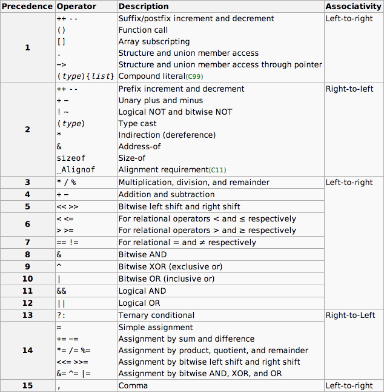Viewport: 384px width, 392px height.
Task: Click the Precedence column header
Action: pos(27,7)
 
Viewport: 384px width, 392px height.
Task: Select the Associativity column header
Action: pos(353,7)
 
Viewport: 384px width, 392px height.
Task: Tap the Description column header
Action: pos(144,7)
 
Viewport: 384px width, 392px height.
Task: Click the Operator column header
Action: pos(76,7)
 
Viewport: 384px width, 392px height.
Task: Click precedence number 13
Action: pos(27,316)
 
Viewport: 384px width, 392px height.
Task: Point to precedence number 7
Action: pos(27,243)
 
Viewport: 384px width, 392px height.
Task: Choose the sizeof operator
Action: pos(71,158)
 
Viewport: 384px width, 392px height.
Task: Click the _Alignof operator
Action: pos(75,170)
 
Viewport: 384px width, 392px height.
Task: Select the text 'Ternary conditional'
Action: pos(156,316)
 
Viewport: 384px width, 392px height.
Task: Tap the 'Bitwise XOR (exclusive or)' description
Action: pos(170,267)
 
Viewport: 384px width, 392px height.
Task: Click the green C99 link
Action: pos(194,76)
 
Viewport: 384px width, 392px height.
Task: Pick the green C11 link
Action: pos(218,171)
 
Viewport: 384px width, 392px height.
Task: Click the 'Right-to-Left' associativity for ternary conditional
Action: pos(350,316)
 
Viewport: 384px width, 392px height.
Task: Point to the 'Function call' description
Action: pos(143,30)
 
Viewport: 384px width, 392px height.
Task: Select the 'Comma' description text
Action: pos(133,386)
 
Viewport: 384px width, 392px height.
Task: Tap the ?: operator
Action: pos(61,316)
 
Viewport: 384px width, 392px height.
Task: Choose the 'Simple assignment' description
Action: pos(154,328)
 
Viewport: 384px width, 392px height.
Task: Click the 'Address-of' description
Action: pos(139,147)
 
